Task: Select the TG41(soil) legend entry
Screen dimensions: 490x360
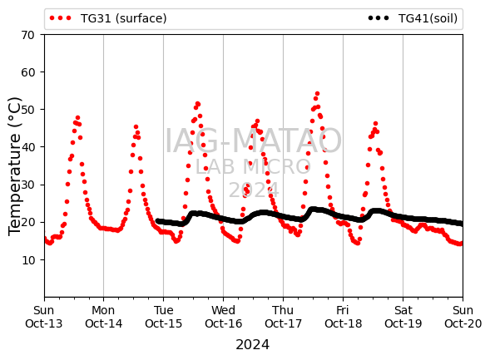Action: point(413,18)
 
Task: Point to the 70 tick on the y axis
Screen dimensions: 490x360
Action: point(27,35)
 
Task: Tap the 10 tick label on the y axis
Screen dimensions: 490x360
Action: point(27,260)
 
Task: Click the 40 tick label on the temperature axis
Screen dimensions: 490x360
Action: point(27,147)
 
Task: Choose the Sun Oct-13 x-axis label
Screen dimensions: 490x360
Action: point(44,317)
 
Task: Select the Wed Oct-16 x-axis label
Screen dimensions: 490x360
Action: point(223,317)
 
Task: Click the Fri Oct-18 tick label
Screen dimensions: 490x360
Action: point(343,317)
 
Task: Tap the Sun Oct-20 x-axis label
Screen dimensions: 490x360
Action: point(463,317)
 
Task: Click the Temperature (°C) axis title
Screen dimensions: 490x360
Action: point(14,166)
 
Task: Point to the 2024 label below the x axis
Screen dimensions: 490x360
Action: point(253,345)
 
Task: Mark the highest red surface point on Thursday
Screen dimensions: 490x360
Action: point(317,94)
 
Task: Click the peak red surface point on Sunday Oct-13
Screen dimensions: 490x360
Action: point(78,118)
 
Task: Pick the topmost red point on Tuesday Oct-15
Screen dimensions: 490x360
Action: point(197,104)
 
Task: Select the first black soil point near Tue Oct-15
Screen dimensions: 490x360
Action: point(158,221)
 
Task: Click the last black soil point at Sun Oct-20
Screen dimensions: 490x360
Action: point(462,224)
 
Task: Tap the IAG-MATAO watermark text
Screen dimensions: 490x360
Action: point(253,141)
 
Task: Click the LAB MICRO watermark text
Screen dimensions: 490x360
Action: point(253,166)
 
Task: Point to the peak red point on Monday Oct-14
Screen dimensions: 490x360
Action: point(136,127)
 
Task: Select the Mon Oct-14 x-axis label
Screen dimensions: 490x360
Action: point(103,317)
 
